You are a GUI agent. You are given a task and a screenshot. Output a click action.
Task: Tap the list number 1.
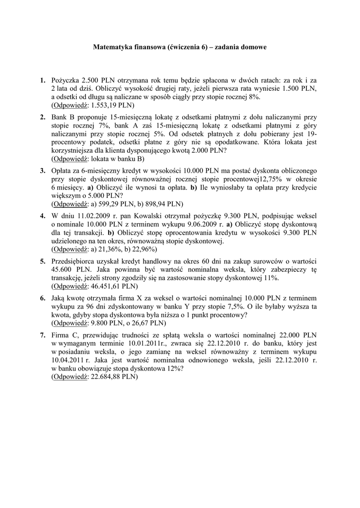pyautogui.click(x=43, y=79)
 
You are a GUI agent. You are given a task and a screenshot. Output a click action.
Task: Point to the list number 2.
pyautogui.click(x=43, y=117)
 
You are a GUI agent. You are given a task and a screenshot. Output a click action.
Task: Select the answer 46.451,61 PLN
pyautogui.click(x=114, y=286)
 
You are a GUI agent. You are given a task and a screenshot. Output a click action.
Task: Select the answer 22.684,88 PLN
pyautogui.click(x=114, y=377)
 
